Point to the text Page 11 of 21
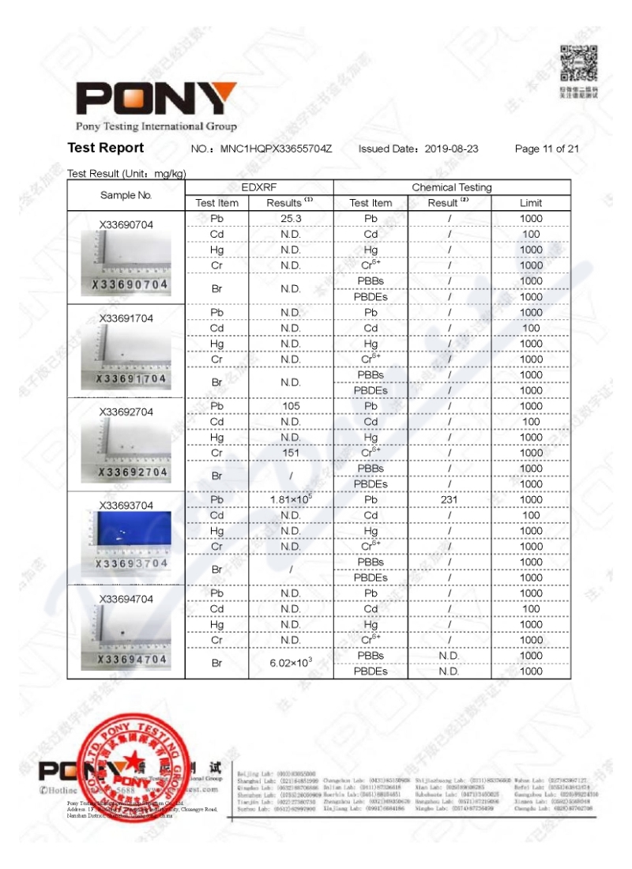pos(547,149)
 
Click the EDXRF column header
pos(259,187)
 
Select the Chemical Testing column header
pos(451,187)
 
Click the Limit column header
pos(530,203)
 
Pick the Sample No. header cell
pos(126,195)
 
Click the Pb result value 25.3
pos(291,218)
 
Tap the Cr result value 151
pos(291,453)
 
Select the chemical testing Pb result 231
pos(449,499)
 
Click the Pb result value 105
pos(291,406)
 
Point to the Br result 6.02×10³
pos(291,663)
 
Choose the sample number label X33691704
pos(126,318)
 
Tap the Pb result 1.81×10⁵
pos(291,499)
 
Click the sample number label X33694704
pos(126,599)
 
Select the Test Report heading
pos(106,148)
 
